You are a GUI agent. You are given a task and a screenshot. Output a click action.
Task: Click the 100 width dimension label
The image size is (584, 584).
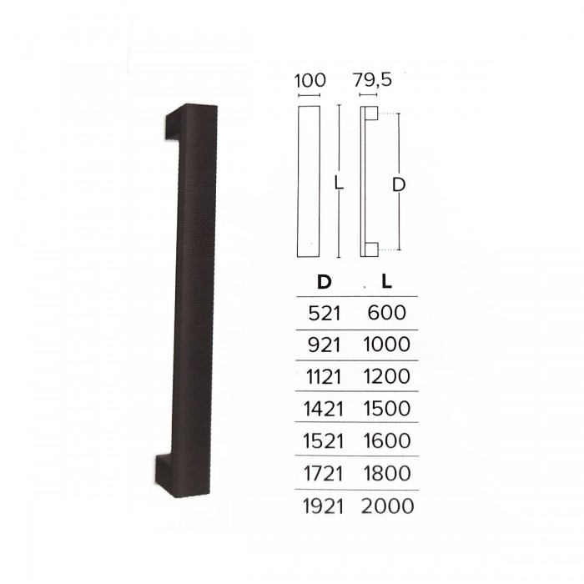pos(310,80)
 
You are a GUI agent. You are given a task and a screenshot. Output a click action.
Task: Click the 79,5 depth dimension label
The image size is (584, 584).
pos(372,80)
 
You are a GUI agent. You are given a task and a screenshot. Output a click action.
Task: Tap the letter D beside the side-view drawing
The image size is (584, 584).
pos(399,185)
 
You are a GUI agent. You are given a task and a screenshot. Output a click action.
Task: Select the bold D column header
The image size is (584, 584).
pos(324,282)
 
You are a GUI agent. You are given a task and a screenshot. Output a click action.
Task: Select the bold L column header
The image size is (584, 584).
pos(387,282)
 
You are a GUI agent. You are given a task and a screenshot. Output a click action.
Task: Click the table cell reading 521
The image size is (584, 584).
pos(325,314)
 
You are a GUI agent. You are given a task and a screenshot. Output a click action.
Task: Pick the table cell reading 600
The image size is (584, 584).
pos(386,313)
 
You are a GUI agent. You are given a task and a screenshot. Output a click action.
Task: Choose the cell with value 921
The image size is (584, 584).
pos(324,345)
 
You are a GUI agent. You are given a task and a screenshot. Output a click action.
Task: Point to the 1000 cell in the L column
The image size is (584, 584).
pos(386,345)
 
